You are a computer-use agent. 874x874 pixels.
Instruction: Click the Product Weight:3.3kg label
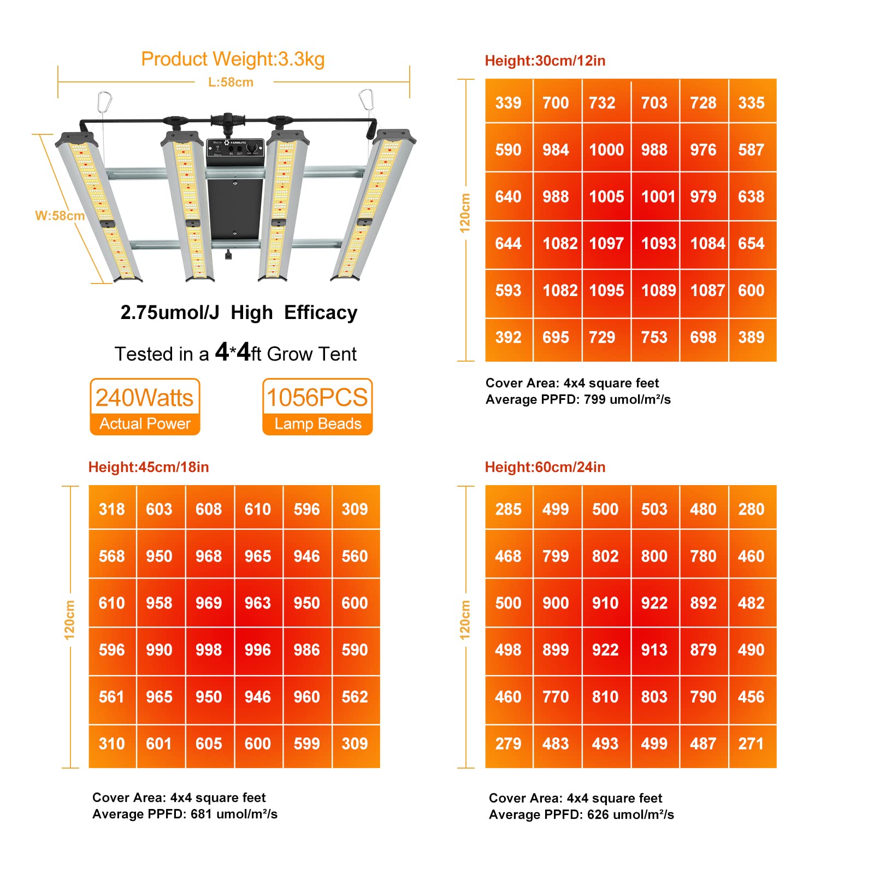coord(233,59)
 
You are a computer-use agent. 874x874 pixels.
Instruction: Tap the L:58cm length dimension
coord(231,82)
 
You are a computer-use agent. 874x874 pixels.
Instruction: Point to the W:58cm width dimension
coord(60,216)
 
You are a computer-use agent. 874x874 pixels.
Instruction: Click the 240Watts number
coord(144,398)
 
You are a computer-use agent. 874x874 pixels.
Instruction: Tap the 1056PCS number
coord(317,398)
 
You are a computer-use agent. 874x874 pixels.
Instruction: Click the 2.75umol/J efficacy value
coord(170,312)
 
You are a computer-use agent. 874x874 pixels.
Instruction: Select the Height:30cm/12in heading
coord(545,61)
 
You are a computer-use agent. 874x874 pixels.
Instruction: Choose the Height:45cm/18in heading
coord(149,467)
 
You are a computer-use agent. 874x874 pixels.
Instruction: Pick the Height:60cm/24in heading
coord(545,467)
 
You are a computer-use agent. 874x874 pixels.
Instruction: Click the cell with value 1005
coord(606,197)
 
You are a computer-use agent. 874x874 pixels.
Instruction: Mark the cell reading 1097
coord(606,244)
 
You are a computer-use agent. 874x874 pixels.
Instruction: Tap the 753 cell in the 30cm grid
coord(654,338)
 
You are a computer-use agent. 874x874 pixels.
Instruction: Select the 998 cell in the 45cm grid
coord(209,650)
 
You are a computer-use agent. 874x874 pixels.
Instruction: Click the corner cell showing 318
coord(112,509)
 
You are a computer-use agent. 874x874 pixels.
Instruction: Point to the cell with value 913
coord(654,650)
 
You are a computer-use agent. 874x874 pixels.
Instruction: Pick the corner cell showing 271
coord(752,744)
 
